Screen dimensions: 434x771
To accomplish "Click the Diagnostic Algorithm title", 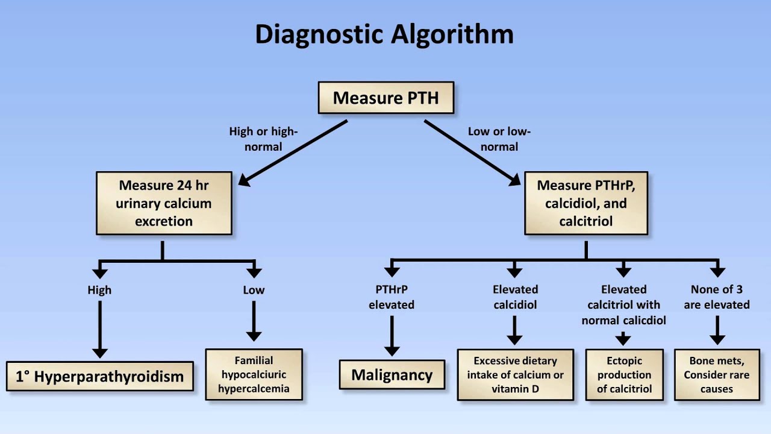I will (384, 34).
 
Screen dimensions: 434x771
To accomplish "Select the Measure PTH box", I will (385, 98).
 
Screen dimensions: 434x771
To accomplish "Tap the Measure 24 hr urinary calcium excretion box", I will (164, 203).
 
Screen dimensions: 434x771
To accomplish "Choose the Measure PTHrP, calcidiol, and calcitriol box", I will (586, 203).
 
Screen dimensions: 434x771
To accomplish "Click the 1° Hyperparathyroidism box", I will (100, 377).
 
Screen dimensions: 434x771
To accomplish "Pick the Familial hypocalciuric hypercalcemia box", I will (254, 374).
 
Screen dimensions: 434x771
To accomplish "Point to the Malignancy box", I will (392, 375).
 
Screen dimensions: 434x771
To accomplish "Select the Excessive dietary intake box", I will (515, 374).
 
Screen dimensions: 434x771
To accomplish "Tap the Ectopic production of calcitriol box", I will (624, 374).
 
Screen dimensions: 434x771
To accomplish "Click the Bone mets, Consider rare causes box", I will (717, 374).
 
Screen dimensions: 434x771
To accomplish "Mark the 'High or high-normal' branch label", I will (264, 139).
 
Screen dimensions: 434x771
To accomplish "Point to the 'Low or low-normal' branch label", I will (499, 139).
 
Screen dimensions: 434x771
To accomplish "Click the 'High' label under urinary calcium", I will (99, 290).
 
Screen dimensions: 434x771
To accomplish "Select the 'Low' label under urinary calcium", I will (254, 290).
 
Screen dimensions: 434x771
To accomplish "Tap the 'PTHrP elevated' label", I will (392, 297).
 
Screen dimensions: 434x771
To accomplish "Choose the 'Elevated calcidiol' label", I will (515, 297).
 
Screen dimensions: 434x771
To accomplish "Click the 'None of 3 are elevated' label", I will (717, 297).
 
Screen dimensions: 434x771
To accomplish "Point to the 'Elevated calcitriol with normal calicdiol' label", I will (624, 304).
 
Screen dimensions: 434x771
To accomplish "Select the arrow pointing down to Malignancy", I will (392, 335).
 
